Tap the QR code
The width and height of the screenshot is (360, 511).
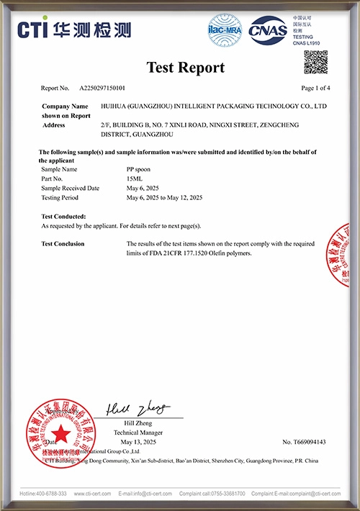click(315, 63)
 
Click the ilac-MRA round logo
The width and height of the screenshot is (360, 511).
click(225, 30)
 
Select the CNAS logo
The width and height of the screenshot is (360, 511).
click(267, 30)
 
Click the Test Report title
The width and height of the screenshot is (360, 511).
click(186, 68)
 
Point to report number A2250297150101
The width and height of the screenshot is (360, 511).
click(102, 89)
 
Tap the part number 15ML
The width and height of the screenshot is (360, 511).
click(135, 178)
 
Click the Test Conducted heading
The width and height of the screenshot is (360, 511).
click(64, 216)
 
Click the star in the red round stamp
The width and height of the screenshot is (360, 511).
click(61, 433)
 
